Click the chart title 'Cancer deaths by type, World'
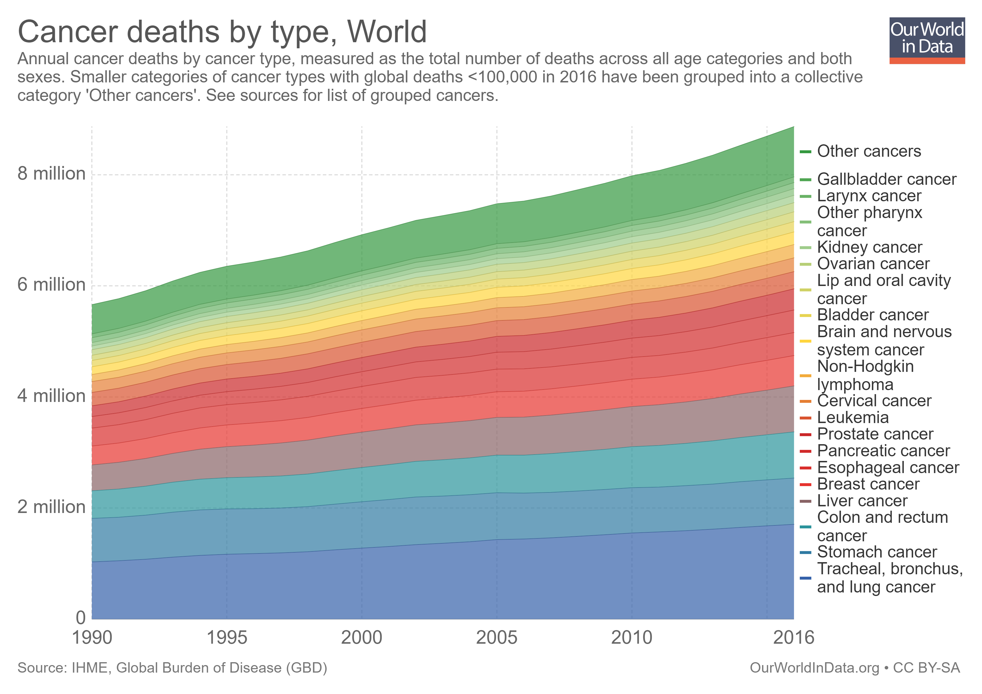222,32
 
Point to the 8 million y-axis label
51,174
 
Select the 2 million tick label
51,507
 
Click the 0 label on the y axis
80,618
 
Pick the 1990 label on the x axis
92,638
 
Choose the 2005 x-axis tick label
496,638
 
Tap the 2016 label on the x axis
793,638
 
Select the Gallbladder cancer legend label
886,179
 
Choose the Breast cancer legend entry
868,484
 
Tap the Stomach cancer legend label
876,552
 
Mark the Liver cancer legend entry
862,501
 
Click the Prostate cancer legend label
875,434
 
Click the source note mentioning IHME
172,668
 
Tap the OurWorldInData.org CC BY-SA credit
855,668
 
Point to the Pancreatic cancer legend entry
883,451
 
